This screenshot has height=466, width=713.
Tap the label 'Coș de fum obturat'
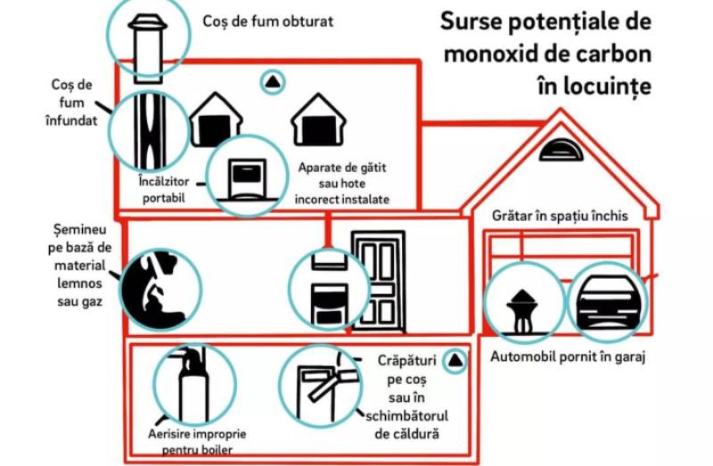[x=268, y=21]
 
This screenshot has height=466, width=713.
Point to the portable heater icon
[x=247, y=180]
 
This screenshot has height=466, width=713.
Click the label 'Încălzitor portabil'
[x=164, y=190]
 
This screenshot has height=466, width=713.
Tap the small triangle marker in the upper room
[x=273, y=82]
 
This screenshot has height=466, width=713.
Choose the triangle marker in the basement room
[x=455, y=361]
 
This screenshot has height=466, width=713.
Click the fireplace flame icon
[x=157, y=290]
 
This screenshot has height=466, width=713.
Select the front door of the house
[x=378, y=281]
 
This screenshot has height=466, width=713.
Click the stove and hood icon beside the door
[x=330, y=289]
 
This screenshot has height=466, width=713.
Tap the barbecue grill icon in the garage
[x=522, y=312]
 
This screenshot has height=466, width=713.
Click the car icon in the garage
[x=607, y=302]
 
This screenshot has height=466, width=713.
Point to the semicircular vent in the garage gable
[x=561, y=151]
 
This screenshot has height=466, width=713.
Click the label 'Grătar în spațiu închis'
[x=560, y=216]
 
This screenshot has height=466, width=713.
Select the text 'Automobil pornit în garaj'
[x=568, y=357]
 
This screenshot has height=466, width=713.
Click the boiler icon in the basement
[x=193, y=384]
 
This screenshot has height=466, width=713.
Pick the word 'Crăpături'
[x=407, y=361]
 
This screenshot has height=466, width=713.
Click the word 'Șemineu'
[x=79, y=230]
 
